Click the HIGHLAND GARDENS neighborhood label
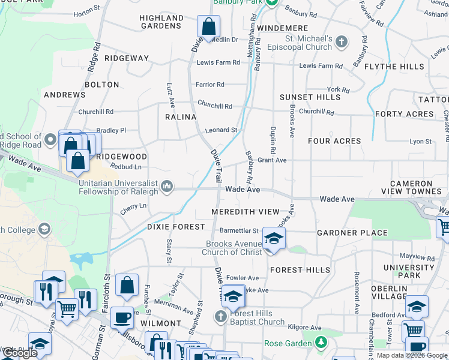[x=161, y=22]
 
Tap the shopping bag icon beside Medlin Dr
[x=208, y=26]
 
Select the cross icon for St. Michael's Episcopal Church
[x=342, y=42]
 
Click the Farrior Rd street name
[x=209, y=85]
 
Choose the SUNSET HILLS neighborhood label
[x=310, y=97]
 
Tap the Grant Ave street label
[x=272, y=160]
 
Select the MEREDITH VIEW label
[x=246, y=212]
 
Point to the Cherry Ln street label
[x=133, y=206]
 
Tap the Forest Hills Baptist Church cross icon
[x=220, y=316]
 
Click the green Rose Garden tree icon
[x=322, y=343]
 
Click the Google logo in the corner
[x=19, y=353]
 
